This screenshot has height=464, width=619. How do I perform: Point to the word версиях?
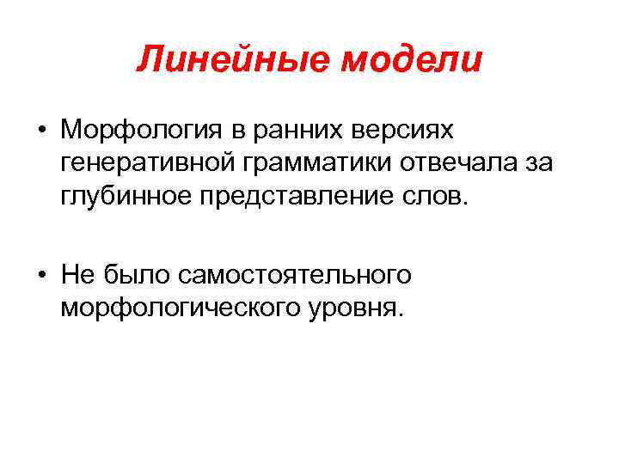[392, 131]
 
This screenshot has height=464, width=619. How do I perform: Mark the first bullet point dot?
[41, 131]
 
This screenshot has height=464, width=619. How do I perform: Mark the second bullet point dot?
[41, 275]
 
